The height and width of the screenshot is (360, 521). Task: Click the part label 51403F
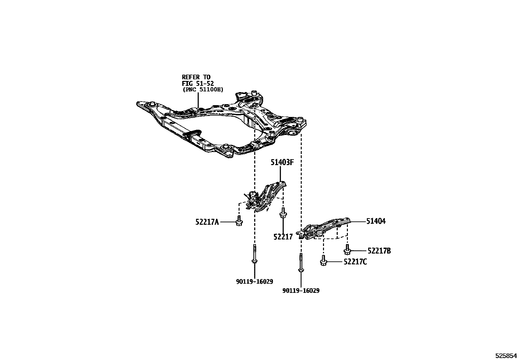(x=281, y=162)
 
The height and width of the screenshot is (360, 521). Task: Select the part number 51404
(x=376, y=221)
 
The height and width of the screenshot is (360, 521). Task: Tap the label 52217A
(x=207, y=222)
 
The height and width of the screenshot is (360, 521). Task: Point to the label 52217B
(x=379, y=251)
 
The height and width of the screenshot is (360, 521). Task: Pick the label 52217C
(x=355, y=262)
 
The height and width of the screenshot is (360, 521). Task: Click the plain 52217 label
(x=283, y=237)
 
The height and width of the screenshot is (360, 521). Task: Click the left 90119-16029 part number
(x=254, y=281)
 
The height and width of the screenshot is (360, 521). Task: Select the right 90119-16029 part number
(x=301, y=291)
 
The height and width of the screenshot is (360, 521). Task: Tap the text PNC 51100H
(x=203, y=89)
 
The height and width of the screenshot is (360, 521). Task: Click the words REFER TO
(x=196, y=77)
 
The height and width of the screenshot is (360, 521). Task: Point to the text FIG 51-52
(x=198, y=84)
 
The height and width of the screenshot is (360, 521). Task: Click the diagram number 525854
(x=507, y=355)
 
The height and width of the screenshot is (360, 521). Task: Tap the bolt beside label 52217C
(x=324, y=261)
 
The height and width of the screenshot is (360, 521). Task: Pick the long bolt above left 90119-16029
(x=254, y=255)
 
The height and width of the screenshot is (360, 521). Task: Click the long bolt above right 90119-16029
(x=300, y=264)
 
